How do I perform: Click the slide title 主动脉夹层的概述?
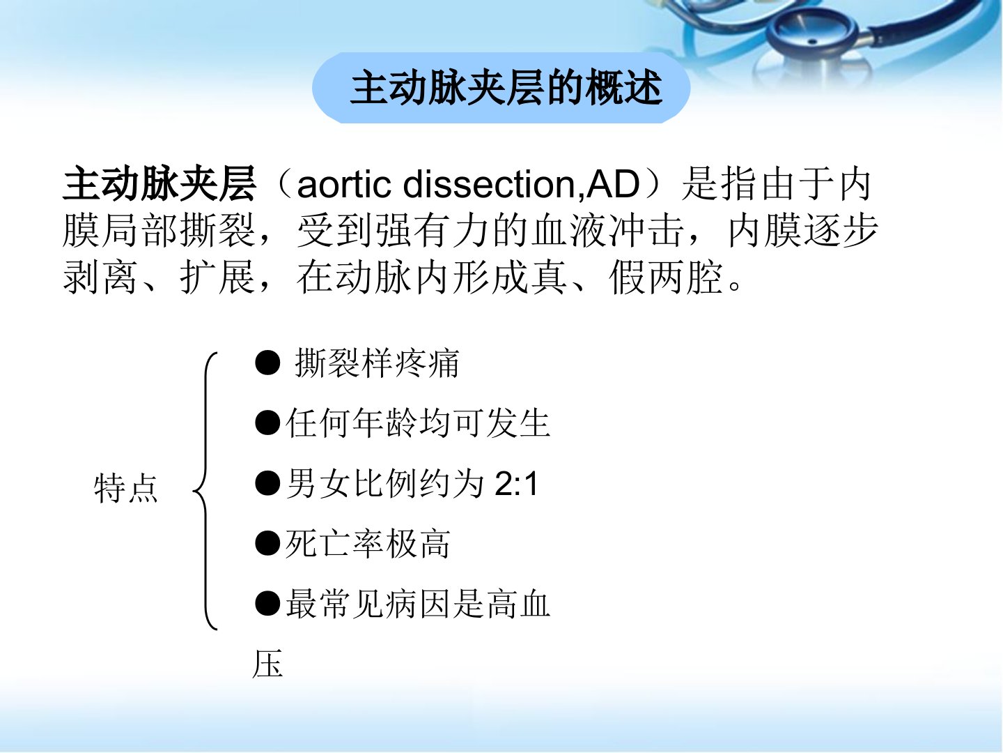point(506,88)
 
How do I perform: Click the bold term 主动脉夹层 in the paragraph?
point(159,184)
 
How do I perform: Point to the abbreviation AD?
point(613,185)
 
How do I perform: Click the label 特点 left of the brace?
point(125,489)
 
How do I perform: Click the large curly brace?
point(205,491)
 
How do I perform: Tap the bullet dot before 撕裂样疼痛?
point(267,363)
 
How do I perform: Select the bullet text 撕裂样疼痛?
point(377,363)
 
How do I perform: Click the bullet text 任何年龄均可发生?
point(418,423)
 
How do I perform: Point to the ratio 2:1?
point(516,484)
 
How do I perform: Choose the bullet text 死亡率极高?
point(367,544)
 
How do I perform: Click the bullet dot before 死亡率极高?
point(267,543)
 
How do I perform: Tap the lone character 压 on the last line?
point(267,663)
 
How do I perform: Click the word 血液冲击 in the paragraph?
point(607,230)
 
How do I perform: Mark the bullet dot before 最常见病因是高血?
point(267,604)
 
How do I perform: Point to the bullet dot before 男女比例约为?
point(267,483)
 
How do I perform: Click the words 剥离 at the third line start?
point(100,278)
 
